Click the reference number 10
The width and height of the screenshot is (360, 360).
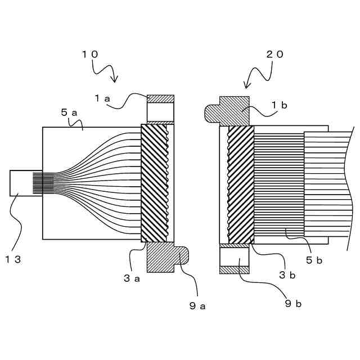(91, 54)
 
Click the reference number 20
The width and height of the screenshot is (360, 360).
(275, 54)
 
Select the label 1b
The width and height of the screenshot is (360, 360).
(280, 105)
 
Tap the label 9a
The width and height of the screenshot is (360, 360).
(197, 307)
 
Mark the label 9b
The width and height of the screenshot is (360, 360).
(293, 304)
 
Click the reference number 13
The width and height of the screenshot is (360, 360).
(13, 259)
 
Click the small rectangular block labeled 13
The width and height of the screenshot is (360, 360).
(21, 183)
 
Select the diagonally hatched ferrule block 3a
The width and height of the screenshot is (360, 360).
(154, 183)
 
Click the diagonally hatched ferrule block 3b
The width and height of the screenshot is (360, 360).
(241, 183)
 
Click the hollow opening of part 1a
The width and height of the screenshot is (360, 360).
(160, 112)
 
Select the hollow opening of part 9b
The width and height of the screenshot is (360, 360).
(234, 257)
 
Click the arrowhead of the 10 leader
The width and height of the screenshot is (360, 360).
(115, 80)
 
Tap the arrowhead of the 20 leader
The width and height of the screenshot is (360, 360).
(246, 87)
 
